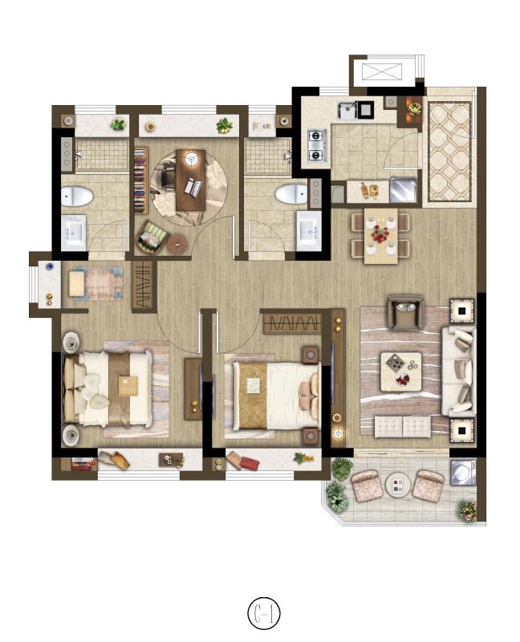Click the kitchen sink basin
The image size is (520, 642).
tap(347, 111)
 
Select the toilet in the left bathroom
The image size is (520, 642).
tap(77, 196)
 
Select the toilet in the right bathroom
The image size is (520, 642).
tap(290, 193)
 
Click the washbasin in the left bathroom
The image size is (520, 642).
tap(74, 233)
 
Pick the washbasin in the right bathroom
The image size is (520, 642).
tap(309, 230)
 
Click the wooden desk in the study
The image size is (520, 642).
tap(191, 180)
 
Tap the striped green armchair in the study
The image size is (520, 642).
tap(151, 238)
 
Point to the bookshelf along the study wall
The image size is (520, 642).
tap(141, 180)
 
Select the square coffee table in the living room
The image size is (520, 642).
tap(401, 372)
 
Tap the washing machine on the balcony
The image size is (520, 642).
tap(463, 473)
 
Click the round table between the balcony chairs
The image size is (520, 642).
tap(398, 486)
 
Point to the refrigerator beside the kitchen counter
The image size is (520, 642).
tap(403, 189)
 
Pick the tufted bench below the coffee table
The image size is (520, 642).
tap(403, 427)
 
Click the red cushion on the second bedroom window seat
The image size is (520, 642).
tap(250, 464)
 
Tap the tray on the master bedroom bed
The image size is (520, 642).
tap(128, 386)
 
